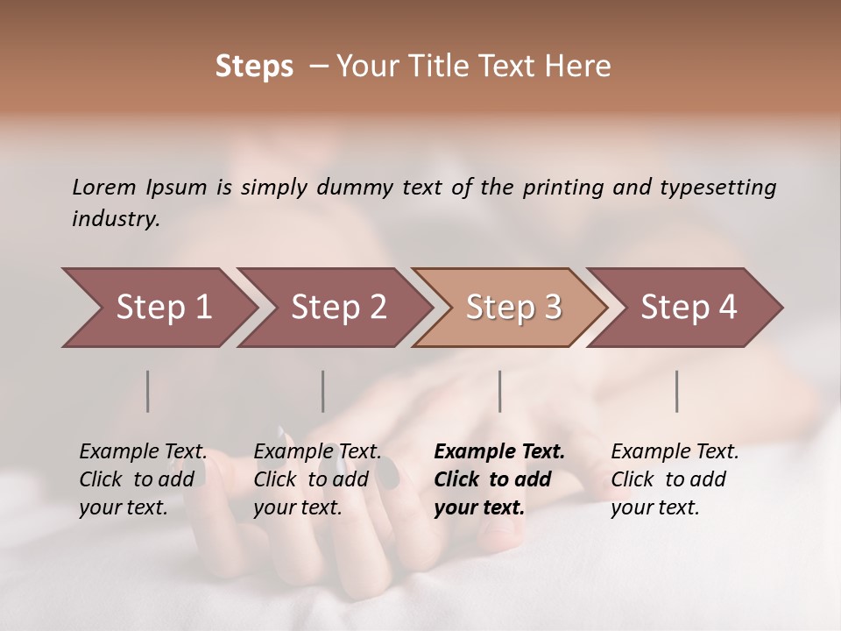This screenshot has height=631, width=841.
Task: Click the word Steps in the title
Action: click(254, 67)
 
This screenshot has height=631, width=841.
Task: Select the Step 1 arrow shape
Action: click(163, 308)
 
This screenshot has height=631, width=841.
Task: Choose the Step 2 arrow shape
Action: click(338, 308)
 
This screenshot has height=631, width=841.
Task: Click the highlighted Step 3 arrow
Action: click(513, 308)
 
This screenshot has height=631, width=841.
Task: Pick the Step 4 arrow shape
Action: click(689, 308)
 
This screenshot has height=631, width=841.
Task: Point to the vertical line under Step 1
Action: click(148, 391)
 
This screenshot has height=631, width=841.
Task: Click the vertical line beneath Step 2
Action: click(323, 391)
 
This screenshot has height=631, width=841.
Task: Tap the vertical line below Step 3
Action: click(500, 391)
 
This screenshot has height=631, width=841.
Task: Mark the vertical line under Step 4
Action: click(677, 391)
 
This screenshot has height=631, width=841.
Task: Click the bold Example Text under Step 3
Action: click(499, 479)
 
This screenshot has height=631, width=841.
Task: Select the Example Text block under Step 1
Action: click(143, 479)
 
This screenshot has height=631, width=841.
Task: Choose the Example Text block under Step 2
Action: click(317, 479)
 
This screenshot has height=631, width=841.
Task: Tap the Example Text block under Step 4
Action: click(675, 479)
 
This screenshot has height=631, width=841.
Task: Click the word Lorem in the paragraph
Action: click(104, 188)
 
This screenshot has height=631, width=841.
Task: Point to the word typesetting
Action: click(718, 188)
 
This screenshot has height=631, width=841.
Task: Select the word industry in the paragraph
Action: click(114, 219)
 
